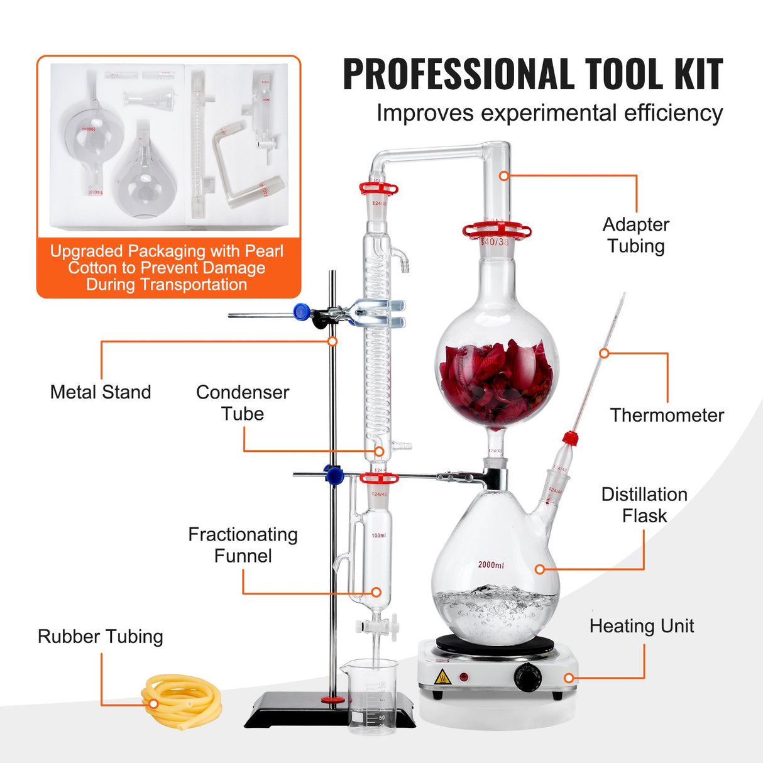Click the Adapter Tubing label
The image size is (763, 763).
tap(636, 235)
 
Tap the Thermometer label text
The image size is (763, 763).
tap(667, 415)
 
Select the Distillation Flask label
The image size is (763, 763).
tap(644, 505)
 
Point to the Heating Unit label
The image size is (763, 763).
tap(642, 626)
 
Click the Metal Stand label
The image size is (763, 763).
tap(101, 392)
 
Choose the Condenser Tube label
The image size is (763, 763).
tap(243, 403)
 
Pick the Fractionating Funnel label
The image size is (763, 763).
tap(243, 545)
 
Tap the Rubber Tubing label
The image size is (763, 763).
tap(101, 637)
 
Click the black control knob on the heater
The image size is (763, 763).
tap(527, 676)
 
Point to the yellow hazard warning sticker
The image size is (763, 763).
tap(442, 677)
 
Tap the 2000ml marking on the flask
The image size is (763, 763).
tap(491, 565)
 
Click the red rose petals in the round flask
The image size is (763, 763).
tap(496, 383)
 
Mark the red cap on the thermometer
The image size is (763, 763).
tap(570, 438)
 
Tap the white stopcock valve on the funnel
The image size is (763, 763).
tap(376, 627)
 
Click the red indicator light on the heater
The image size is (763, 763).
tap(464, 677)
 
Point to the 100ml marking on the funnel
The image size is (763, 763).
tap(378, 535)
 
